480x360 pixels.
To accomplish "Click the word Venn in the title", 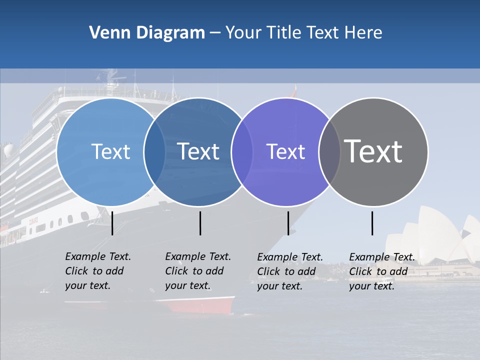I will coord(106,33).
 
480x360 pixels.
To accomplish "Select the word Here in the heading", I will coord(363,33).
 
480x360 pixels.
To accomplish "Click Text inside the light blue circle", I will coord(110,151).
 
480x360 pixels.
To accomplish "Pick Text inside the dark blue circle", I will coord(198,151).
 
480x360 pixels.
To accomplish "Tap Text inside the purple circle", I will coord(285,151).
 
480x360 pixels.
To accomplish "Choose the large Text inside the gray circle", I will coord(373,151).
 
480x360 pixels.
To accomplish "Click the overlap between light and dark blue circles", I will coord(154,151).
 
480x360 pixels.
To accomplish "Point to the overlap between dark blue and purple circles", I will coord(242,151).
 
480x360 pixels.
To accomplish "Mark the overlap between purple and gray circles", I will coord(329,151).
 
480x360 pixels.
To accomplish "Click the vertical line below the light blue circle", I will coord(112,223).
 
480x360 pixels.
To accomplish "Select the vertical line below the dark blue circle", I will coord(200,223).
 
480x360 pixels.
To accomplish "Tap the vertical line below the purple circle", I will coord(288,223).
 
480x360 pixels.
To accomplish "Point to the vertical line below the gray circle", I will coord(372,223).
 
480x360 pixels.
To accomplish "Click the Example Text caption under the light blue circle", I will coord(98,271).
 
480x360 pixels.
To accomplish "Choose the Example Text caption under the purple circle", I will coord(290,271).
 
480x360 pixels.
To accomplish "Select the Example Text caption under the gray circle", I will coord(382,271).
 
